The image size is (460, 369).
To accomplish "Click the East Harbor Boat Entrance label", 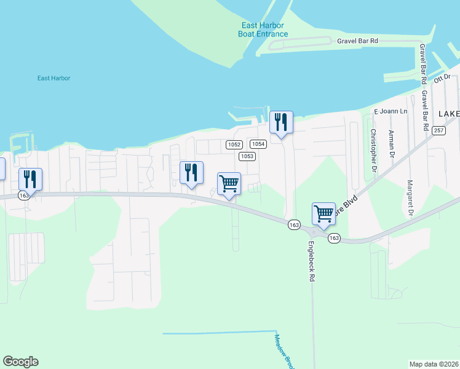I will [x=263, y=30].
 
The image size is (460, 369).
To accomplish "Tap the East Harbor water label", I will [x=54, y=78].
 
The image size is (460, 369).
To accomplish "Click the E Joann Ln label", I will [x=391, y=111].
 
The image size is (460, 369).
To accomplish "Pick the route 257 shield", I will [x=438, y=130].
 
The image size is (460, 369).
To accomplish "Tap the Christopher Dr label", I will [x=373, y=150].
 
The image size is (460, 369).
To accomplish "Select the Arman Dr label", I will [x=391, y=144].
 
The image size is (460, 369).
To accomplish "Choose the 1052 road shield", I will [x=233, y=145].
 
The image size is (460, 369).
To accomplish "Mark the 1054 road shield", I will [x=258, y=144].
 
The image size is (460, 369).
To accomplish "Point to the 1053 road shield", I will [x=247, y=156].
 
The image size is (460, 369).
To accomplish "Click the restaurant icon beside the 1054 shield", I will [x=281, y=122].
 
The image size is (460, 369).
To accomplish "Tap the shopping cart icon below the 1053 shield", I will [x=229, y=183].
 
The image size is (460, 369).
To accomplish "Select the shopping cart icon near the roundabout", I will [x=323, y=214].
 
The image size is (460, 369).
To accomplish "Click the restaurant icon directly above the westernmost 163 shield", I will [x=30, y=179].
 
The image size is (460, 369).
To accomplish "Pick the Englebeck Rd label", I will [x=311, y=261].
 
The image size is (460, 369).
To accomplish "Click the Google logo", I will [x=20, y=362].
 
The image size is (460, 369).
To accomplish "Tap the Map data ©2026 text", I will [x=434, y=363].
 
